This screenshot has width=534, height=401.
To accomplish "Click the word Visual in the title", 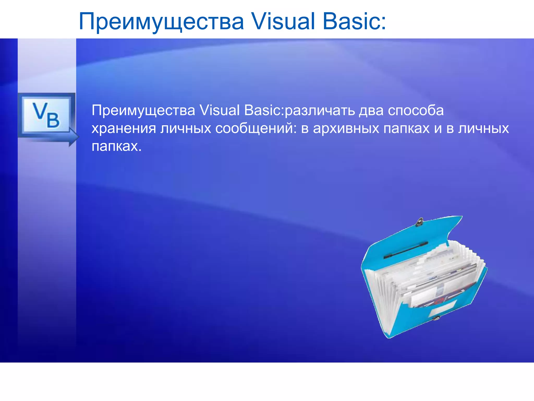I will point(283,21).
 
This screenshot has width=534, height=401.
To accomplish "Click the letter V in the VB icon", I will point(40,111).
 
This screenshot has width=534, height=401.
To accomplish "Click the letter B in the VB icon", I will point(53,120).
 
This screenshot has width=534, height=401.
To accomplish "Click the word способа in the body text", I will point(416,111).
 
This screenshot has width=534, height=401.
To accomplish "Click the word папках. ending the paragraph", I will point(116,146).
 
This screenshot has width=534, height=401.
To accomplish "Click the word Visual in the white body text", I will point(220,110).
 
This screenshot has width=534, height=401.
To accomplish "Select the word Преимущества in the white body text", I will point(143,111).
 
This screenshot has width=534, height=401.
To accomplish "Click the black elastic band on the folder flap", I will point(406,250).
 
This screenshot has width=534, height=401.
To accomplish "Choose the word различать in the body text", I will point(319,111).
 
